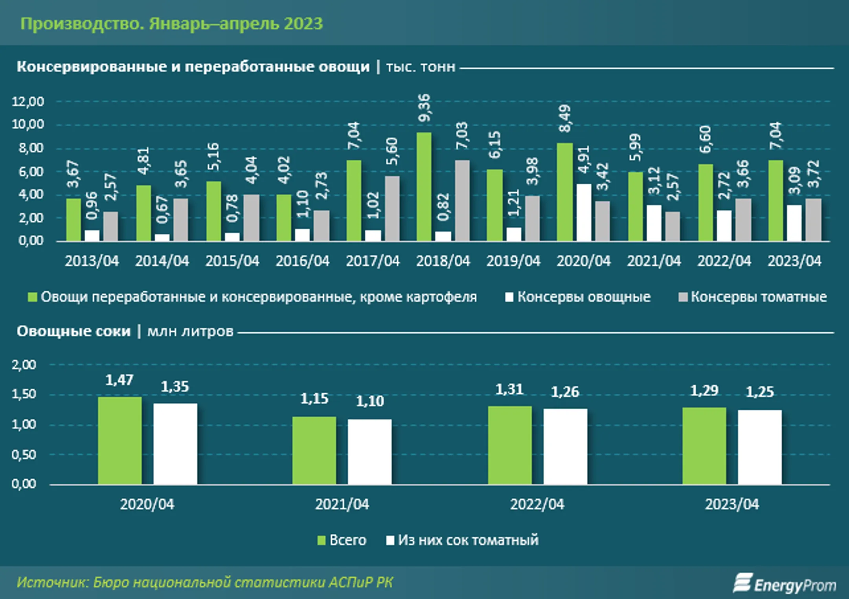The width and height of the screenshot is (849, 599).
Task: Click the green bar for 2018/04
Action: coord(424,186)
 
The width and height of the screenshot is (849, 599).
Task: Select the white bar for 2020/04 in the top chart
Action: coord(584,212)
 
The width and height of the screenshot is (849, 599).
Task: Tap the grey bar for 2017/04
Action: coord(392,208)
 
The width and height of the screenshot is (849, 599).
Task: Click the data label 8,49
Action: coord(565,118)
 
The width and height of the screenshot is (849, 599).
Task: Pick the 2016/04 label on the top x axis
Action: coord(302,261)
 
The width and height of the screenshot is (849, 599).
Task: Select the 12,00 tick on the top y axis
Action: coord(28,101)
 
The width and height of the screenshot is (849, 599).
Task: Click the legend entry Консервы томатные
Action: coord(753,297)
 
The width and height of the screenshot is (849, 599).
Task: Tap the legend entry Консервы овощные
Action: coord(578,297)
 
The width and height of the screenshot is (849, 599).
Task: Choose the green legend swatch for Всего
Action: coord(322,540)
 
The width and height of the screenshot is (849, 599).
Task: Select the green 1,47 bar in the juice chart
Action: coord(120,441)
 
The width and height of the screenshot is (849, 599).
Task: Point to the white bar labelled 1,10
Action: coord(369,452)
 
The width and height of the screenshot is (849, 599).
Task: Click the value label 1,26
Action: coord(565,392)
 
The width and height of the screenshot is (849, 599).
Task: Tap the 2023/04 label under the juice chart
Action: coord(732,504)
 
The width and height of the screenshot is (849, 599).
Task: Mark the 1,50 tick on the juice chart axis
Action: coord(24,394)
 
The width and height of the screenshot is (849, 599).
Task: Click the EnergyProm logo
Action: coord(785,584)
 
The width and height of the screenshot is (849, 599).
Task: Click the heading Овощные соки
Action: coord(74,331)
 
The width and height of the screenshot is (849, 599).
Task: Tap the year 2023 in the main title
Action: coord(303,24)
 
